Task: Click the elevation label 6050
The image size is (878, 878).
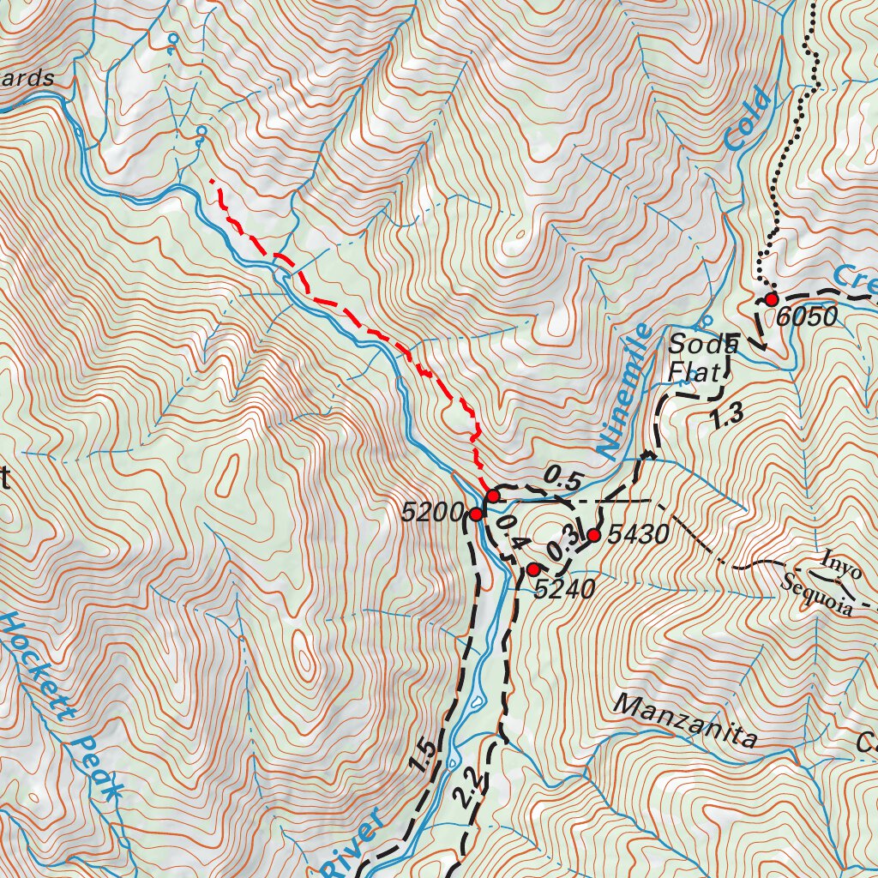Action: pyautogui.click(x=808, y=317)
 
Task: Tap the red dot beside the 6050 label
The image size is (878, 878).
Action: pyautogui.click(x=771, y=299)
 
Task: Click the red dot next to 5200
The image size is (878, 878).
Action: pyautogui.click(x=476, y=514)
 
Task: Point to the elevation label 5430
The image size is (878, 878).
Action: pyautogui.click(x=637, y=537)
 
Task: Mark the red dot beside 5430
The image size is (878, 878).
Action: pyautogui.click(x=593, y=536)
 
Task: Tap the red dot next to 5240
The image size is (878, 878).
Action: pyautogui.click(x=532, y=569)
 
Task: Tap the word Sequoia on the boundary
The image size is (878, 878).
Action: pyautogui.click(x=817, y=597)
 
